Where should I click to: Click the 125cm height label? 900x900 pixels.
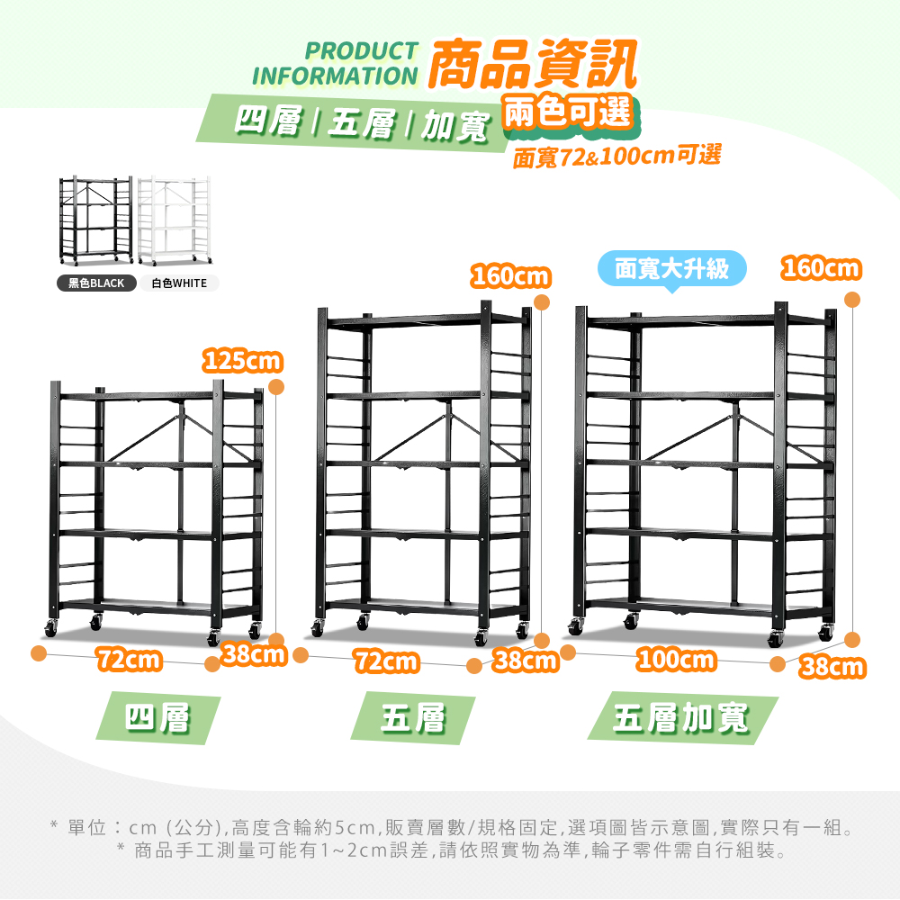pyautogui.click(x=243, y=361)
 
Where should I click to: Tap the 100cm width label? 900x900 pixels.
pyautogui.click(x=676, y=660)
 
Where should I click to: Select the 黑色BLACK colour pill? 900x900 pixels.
pyautogui.click(x=96, y=283)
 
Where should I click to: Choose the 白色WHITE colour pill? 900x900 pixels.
pyautogui.click(x=179, y=283)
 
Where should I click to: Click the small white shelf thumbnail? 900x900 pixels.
pyautogui.click(x=174, y=220)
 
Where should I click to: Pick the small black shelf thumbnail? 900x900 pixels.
pyautogui.click(x=96, y=220)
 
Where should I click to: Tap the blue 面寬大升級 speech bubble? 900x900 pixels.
pyautogui.click(x=672, y=268)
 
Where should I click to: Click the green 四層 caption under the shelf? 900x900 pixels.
pyautogui.click(x=157, y=717)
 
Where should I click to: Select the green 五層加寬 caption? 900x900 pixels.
pyautogui.click(x=682, y=717)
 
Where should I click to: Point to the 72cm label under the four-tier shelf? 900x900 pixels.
pyautogui.click(x=129, y=660)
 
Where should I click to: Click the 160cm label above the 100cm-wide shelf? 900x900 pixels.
pyautogui.click(x=822, y=268)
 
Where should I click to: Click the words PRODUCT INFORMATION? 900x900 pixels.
pyautogui.click(x=335, y=63)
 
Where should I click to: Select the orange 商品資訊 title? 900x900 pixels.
pyautogui.click(x=533, y=63)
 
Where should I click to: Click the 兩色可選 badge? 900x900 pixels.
pyautogui.click(x=568, y=112)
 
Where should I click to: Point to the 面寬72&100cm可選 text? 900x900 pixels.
pyautogui.click(x=616, y=156)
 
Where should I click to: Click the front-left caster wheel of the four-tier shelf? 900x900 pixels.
pyautogui.click(x=50, y=628)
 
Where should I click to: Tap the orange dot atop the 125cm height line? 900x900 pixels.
pyautogui.click(x=276, y=387)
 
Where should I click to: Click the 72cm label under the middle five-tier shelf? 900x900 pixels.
pyautogui.click(x=387, y=661)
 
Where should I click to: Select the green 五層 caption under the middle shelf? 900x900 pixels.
pyautogui.click(x=413, y=717)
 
